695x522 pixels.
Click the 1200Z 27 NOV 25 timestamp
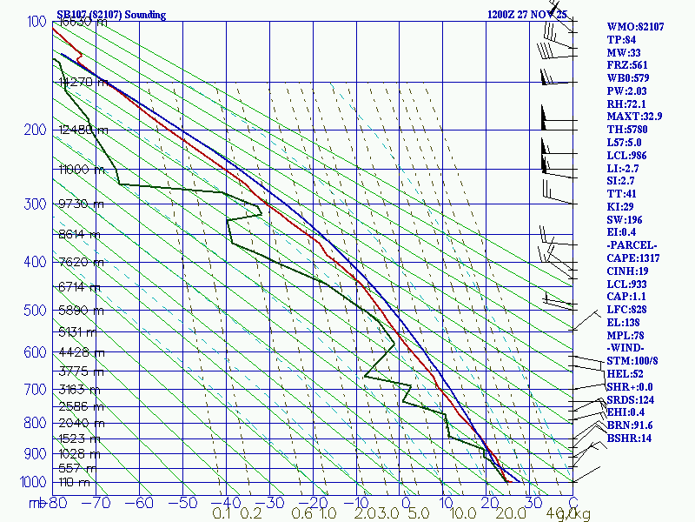coord(527,15)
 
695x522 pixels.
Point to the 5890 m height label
coord(78,311)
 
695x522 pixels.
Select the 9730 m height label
coord(78,204)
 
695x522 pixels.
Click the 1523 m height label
coord(78,438)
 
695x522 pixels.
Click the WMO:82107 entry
coord(635,27)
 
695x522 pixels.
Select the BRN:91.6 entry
coord(630,425)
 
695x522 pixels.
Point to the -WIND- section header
coord(628,348)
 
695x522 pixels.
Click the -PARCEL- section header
coord(632,245)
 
